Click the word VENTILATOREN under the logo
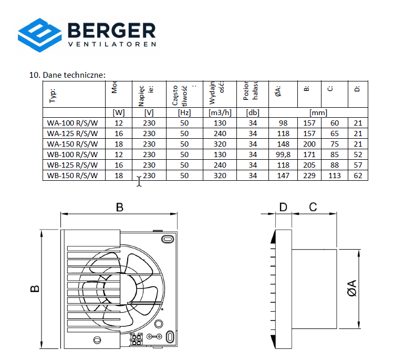coord(112,45)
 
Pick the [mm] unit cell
coord(318,112)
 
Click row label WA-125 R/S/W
coord(72,133)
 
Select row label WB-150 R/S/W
coord(72,176)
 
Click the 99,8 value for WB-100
coord(283,155)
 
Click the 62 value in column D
coord(358,176)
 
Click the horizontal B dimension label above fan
coord(120,208)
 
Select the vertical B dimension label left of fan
coord(34,289)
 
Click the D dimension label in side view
coord(284,207)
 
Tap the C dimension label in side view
coord(313,207)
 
